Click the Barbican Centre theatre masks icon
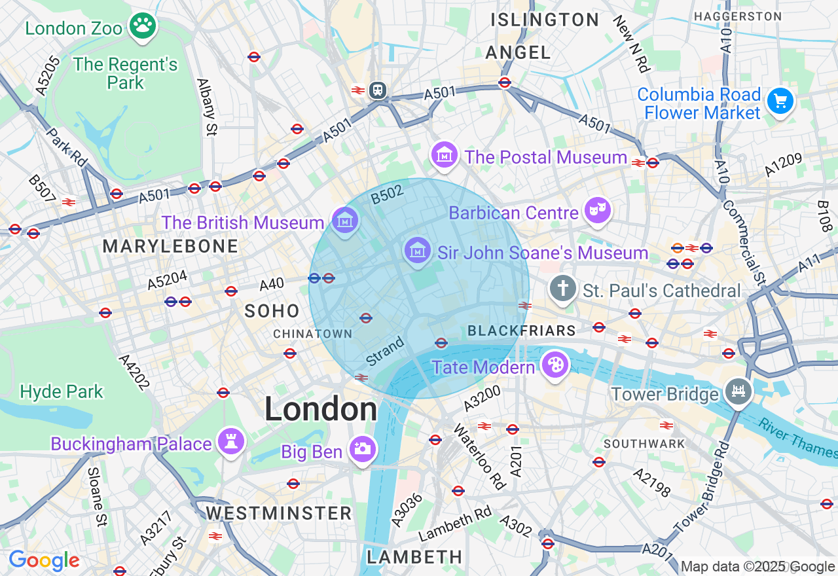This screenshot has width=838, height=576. tap(597, 210)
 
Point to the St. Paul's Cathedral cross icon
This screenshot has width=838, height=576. tap(562, 289)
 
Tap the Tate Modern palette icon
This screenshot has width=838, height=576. tap(555, 365)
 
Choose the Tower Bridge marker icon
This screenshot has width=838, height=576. tap(738, 391)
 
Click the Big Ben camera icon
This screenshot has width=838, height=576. tap(363, 449)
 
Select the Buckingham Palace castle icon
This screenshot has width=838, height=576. tap(230, 441)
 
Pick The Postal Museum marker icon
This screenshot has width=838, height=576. tap(444, 155)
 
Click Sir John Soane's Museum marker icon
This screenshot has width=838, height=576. tap(417, 250)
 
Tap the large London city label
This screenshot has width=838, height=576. tap(321, 410)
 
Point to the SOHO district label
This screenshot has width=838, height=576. tap(272, 312)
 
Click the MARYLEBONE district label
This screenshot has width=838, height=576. tap(170, 247)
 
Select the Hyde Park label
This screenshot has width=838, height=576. tap(62, 392)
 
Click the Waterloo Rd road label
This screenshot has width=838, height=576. tap(480, 457)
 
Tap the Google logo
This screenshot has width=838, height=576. tap(44, 561)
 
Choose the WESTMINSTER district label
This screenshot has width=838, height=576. tap(279, 513)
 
